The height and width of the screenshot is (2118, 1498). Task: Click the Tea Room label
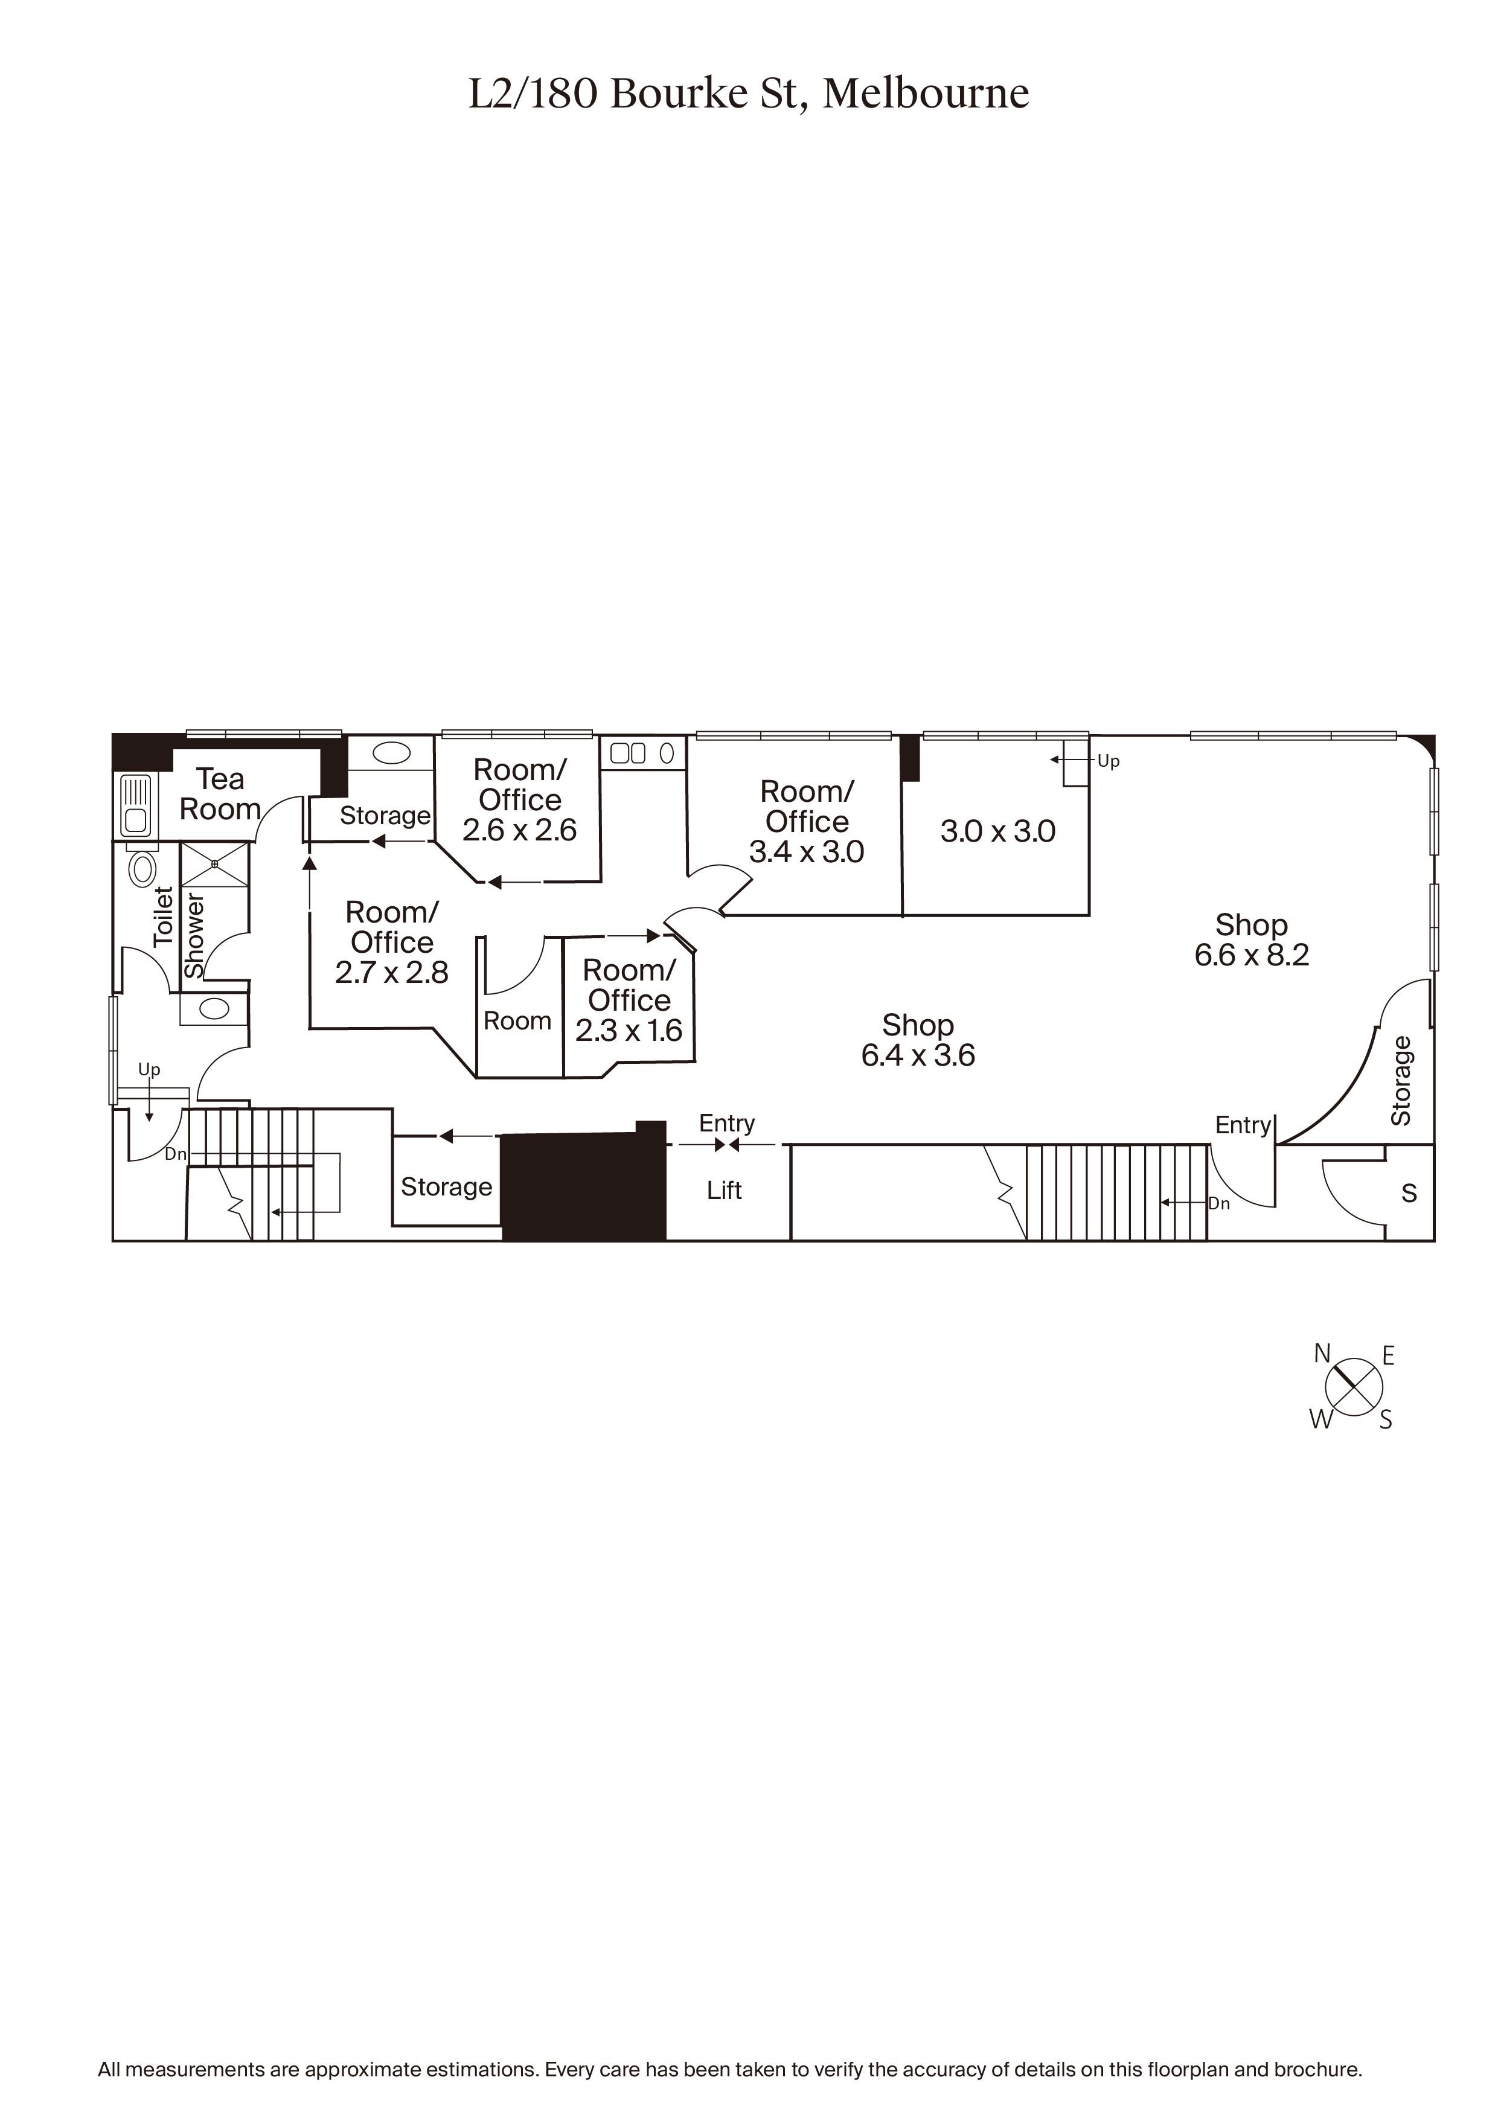[x=220, y=795]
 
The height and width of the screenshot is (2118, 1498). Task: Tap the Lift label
[x=724, y=1191]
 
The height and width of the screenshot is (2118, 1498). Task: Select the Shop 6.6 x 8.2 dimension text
[x=1252, y=955]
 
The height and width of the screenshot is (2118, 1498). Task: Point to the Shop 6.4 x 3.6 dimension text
[x=918, y=1055]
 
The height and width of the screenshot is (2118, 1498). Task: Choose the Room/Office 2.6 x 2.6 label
[x=519, y=800]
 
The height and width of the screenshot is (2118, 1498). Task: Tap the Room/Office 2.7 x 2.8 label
[x=391, y=942]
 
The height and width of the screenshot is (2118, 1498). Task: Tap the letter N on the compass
[x=1322, y=1353]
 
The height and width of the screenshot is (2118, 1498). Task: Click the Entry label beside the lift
[x=727, y=1124]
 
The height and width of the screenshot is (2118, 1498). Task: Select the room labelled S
[x=1409, y=1194]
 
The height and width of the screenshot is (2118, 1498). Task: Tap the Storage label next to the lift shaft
[x=446, y=1187]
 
